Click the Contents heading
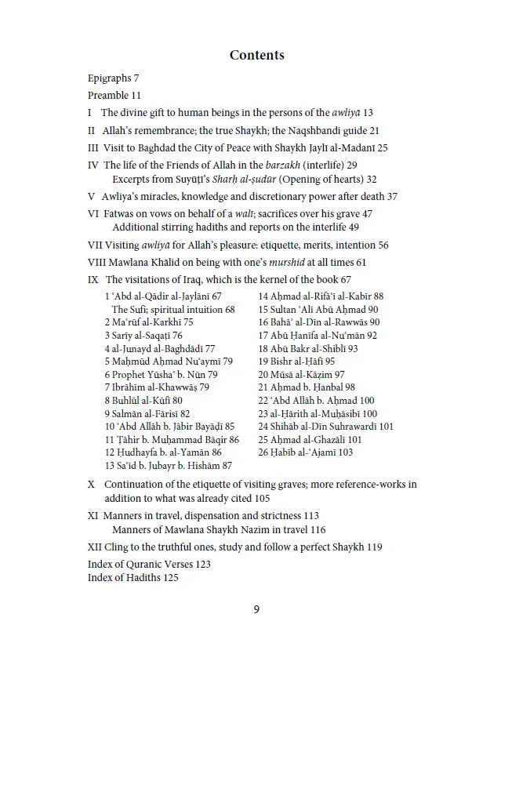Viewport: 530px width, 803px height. point(256,55)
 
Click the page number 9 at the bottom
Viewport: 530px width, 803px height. point(256,609)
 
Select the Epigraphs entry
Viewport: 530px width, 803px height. point(113,78)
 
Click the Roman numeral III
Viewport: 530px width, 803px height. point(93,148)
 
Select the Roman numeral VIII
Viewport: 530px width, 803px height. point(96,263)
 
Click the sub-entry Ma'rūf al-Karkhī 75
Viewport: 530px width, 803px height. point(149,322)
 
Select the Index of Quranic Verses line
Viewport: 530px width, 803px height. point(149,565)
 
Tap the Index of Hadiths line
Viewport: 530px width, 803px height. point(133,578)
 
